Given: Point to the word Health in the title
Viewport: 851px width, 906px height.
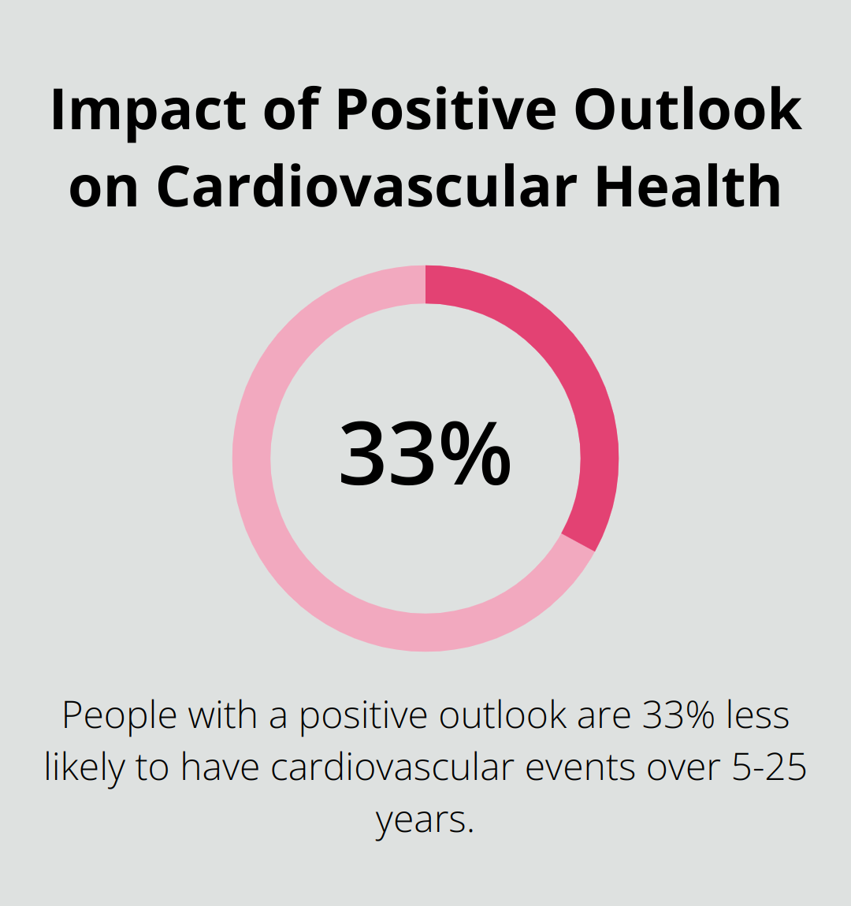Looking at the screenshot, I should [x=687, y=187].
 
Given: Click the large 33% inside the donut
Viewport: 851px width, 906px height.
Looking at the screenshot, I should [x=425, y=455].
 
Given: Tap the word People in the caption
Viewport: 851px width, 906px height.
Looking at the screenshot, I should [x=119, y=715].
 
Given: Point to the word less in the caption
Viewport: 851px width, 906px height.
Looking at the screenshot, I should [x=758, y=715].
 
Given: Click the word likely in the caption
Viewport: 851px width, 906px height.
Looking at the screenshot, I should [x=83, y=767].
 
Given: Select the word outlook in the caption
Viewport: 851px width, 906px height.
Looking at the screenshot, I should [x=503, y=715].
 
